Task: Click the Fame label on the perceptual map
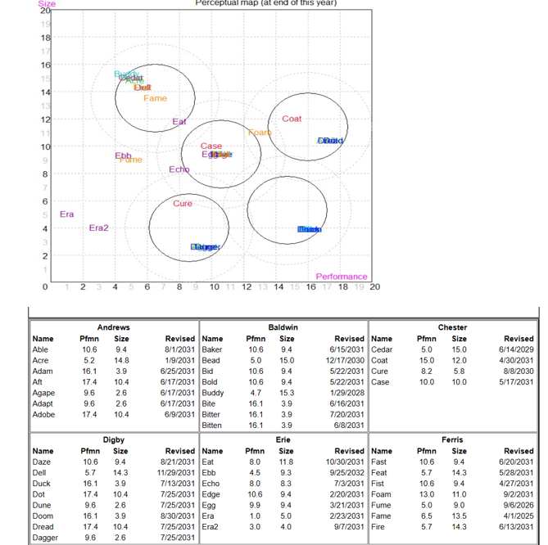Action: point(155,98)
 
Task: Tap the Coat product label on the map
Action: point(292,119)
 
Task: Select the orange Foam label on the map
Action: point(260,133)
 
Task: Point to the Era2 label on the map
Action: point(98,227)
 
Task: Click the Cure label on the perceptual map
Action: point(183,203)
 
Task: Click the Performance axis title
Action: point(342,277)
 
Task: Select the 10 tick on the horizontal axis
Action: point(214,287)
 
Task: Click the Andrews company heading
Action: point(113,327)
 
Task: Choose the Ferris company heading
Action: point(453,439)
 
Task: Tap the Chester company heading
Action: point(453,327)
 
